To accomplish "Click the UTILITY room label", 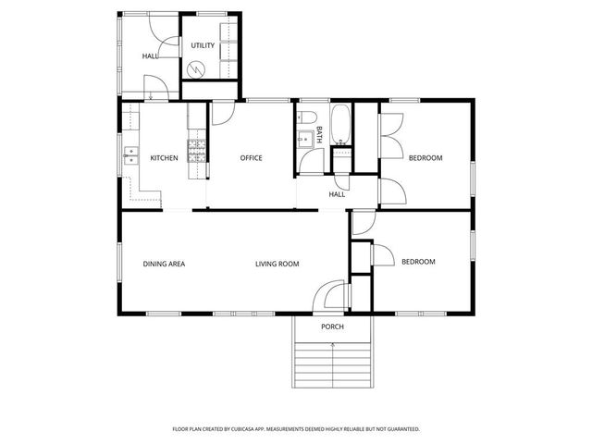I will point(203,45).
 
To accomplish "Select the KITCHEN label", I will point(164,158).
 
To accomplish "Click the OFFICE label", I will point(251,158).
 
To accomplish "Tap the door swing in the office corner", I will point(222,112).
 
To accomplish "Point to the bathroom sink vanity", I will point(304,142).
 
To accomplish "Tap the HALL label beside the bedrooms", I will point(337,194).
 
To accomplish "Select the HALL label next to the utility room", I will point(149,56).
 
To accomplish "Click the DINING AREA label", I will point(164,265).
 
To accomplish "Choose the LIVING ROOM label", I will point(277,265).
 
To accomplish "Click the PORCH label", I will point(332,327).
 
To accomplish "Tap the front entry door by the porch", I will point(327,298).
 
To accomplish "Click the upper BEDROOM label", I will point(425,158).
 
